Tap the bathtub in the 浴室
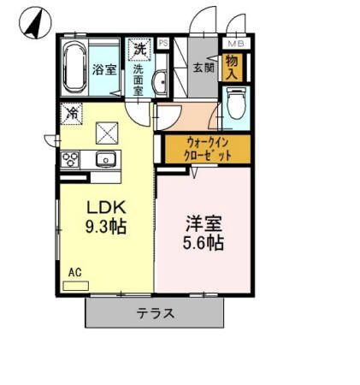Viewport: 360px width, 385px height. tap(74, 67)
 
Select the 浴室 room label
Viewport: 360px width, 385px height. tap(104, 69)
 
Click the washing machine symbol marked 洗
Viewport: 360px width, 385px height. tap(139, 49)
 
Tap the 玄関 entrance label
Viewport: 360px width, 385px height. tap(203, 68)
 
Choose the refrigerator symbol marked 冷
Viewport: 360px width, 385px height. tap(73, 112)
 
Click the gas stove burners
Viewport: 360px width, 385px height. tap(70, 158)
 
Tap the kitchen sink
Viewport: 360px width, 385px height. tap(107, 158)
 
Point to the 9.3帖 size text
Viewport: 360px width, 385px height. tap(107, 228)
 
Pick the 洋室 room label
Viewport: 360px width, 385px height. tap(204, 223)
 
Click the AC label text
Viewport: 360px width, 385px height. tap(75, 272)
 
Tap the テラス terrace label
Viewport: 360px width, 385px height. tap(156, 313)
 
